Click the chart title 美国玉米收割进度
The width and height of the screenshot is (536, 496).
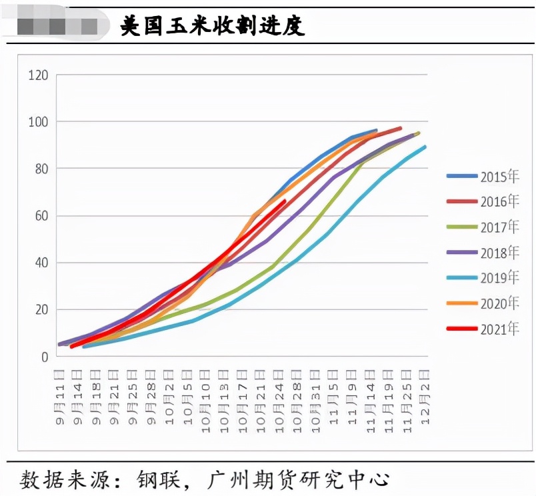point(212,25)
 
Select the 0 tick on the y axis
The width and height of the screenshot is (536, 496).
point(45,357)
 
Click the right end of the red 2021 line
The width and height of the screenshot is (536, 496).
point(285,200)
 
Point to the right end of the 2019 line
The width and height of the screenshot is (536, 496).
point(425,146)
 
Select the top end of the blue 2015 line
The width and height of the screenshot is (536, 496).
point(377,130)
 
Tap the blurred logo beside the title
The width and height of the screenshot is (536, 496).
point(57,26)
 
